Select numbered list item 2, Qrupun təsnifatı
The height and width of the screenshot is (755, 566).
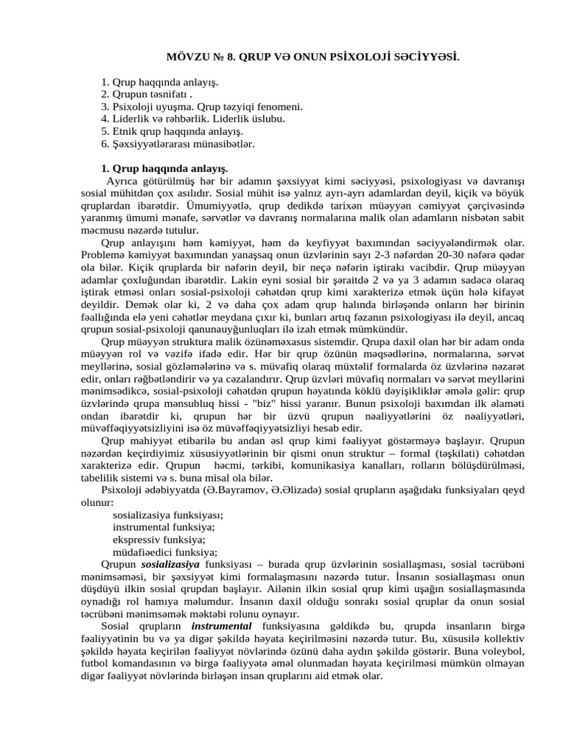[147, 94]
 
